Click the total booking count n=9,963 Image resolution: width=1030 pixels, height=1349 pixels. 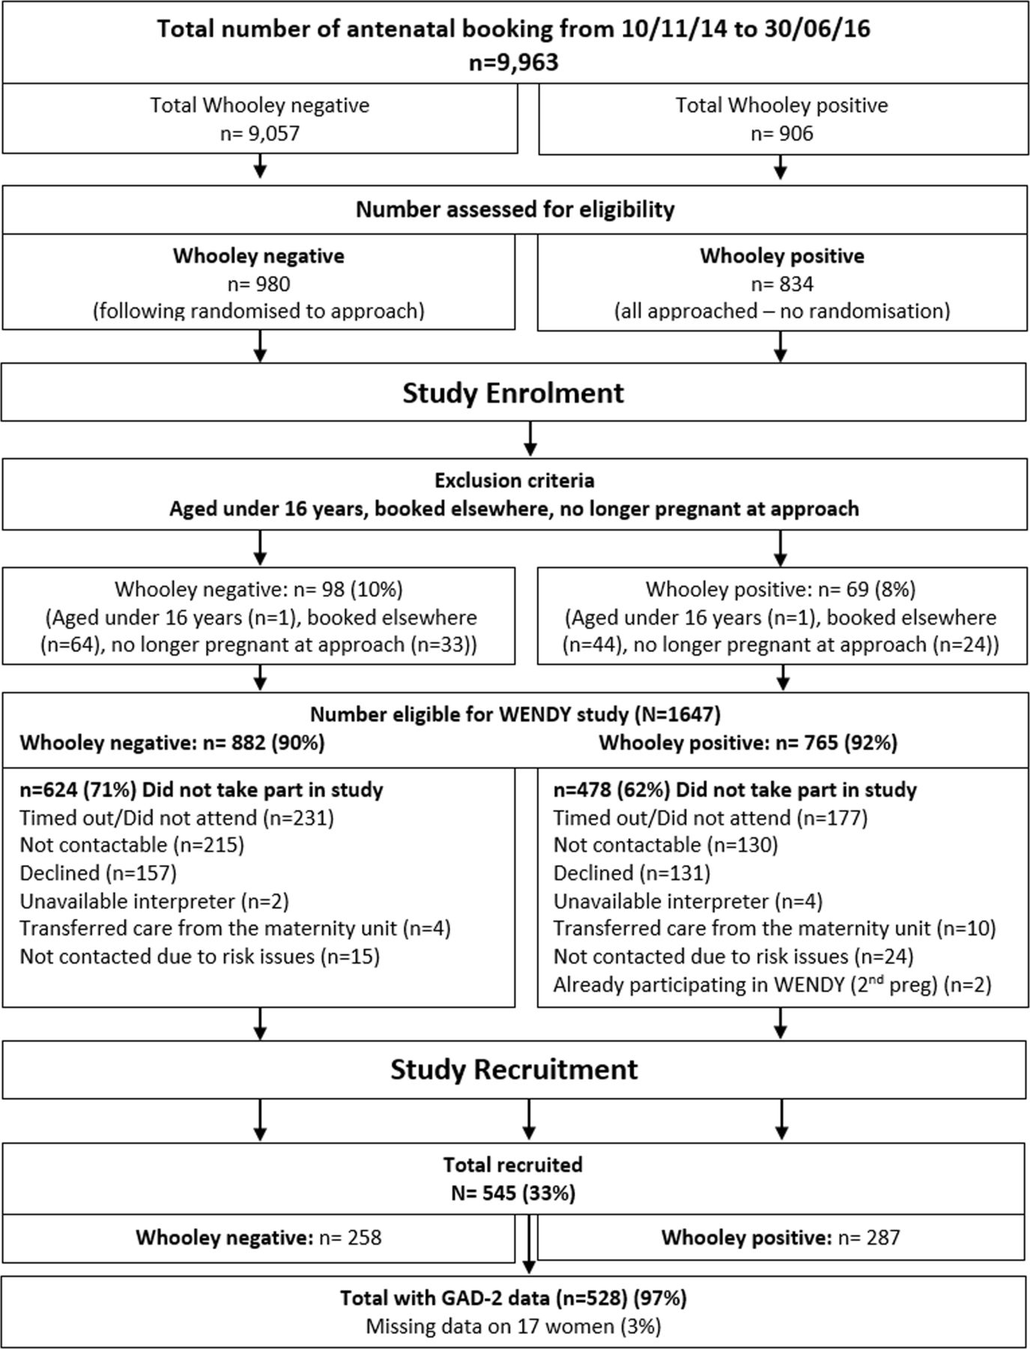[x=514, y=61]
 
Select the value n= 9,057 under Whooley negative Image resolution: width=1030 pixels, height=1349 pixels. [x=259, y=133]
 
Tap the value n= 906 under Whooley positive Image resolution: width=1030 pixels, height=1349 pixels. [x=782, y=133]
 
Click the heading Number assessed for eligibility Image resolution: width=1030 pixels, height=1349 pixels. [x=515, y=209]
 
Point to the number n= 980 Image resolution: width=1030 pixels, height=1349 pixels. [x=258, y=284]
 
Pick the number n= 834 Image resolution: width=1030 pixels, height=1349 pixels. [x=782, y=284]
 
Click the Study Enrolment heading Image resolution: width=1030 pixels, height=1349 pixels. [x=513, y=393]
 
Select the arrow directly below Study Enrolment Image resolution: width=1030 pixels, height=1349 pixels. [x=530, y=438]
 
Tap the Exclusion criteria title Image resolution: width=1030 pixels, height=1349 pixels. [x=515, y=480]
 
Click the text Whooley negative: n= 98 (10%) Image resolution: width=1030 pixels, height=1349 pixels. [x=258, y=590]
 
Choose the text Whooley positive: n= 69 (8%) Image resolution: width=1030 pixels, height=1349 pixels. [x=781, y=590]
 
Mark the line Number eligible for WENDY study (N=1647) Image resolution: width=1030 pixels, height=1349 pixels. [x=515, y=714]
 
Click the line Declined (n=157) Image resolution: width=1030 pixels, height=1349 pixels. [x=98, y=873]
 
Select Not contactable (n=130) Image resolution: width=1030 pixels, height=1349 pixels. [x=666, y=845]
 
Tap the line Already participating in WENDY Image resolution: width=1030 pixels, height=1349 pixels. [x=772, y=984]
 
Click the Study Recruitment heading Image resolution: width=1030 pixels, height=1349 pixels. [x=514, y=1069]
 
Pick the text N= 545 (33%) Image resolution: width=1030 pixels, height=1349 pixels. [x=513, y=1192]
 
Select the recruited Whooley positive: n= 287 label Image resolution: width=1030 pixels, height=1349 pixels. [x=780, y=1237]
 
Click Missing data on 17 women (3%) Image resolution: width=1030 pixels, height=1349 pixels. [x=513, y=1326]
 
